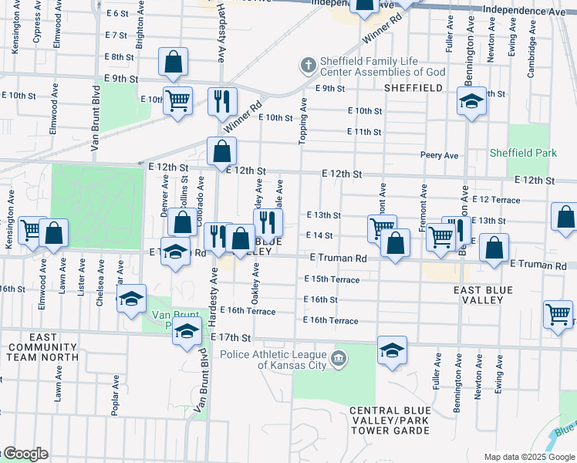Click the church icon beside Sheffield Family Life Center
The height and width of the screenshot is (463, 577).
308,65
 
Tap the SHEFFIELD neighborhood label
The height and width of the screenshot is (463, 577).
413,88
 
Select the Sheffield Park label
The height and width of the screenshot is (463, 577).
523,153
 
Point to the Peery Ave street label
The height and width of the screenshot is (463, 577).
440,155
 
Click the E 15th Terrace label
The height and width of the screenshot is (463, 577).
332,279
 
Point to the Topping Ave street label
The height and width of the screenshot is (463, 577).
303,120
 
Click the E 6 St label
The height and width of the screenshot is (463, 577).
117,13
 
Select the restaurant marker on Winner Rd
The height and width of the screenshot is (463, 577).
222,101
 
